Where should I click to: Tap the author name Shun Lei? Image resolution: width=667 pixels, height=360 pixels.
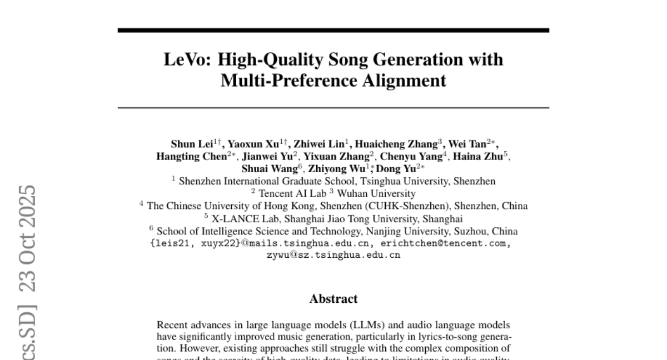pyautogui.click(x=189, y=144)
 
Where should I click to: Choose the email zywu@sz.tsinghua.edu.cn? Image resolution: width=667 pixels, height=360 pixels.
pyautogui.click(x=333, y=256)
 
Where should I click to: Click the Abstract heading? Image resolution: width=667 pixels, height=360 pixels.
pyautogui.click(x=333, y=299)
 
